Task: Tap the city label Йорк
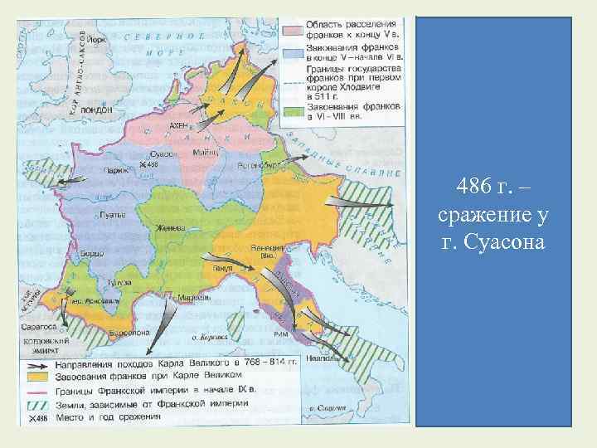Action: [x=98, y=38]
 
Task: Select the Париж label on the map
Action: [x=114, y=170]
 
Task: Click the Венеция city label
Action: [x=272, y=248]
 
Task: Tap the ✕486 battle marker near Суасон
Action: [x=148, y=165]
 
